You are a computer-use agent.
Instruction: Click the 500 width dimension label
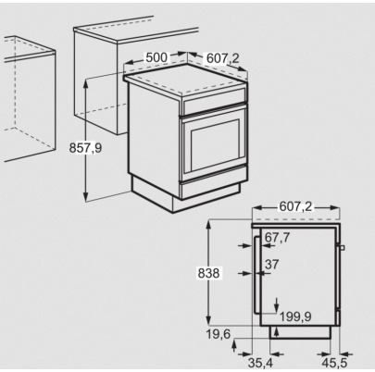(156, 57)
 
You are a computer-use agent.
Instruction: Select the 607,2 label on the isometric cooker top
(221, 58)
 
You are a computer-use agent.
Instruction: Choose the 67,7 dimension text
(277, 238)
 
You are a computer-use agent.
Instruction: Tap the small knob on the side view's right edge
(343, 248)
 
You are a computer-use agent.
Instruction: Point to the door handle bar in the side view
(256, 273)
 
